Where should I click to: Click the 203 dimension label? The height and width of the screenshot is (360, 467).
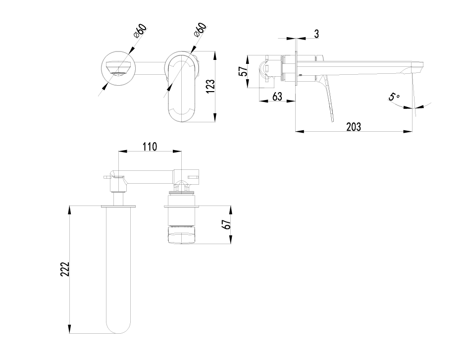point(353,126)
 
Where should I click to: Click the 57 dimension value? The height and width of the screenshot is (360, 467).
point(243,71)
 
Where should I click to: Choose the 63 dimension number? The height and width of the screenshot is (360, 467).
point(277,96)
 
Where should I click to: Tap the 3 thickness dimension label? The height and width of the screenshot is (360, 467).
point(316,34)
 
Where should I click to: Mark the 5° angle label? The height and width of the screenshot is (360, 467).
point(394,97)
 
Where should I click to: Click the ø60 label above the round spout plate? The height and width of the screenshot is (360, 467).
point(139,31)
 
